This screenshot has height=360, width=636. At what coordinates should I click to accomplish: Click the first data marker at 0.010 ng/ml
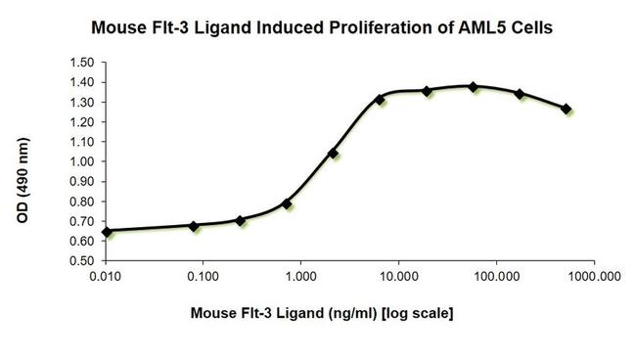pyautogui.click(x=107, y=232)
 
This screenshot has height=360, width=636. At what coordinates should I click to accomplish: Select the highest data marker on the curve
pyautogui.click(x=474, y=86)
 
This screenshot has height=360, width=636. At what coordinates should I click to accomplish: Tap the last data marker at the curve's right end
pyautogui.click(x=567, y=109)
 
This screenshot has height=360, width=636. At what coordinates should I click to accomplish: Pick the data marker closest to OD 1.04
pyautogui.click(x=334, y=154)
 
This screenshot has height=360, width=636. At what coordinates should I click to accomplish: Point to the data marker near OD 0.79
pyautogui.click(x=287, y=203)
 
